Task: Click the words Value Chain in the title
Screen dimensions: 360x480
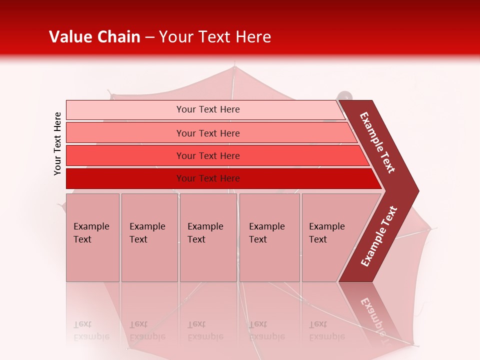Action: (x=94, y=37)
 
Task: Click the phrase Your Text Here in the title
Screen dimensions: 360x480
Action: (x=215, y=37)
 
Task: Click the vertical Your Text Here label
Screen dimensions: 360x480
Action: (x=57, y=143)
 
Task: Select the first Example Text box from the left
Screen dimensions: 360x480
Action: (x=92, y=237)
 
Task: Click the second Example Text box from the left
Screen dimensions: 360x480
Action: (x=149, y=237)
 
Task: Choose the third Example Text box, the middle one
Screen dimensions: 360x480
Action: (x=208, y=237)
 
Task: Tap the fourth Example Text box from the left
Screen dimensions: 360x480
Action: (x=269, y=237)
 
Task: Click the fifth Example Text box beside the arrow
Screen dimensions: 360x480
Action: (x=327, y=237)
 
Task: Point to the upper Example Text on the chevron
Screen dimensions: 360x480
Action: (x=378, y=142)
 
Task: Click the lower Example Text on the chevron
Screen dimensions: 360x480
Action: (x=379, y=236)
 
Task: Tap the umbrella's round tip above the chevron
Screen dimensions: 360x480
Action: (x=344, y=95)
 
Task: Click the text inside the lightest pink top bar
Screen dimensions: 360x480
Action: (x=208, y=109)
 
